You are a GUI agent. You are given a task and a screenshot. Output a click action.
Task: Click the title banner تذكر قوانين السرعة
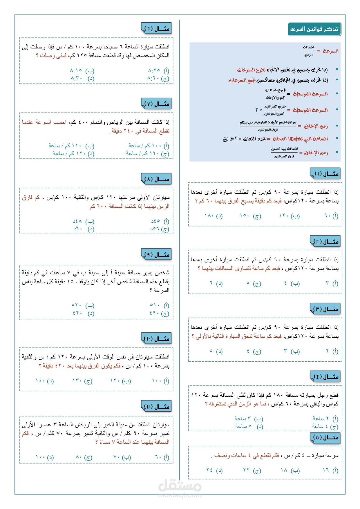(x=314, y=29)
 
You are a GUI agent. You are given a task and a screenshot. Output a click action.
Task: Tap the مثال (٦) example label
(x=157, y=28)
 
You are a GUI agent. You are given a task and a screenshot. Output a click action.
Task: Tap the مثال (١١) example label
(x=157, y=406)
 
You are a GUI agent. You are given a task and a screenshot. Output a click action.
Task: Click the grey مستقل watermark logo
(x=180, y=485)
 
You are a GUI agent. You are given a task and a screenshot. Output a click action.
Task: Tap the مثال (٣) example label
(x=326, y=309)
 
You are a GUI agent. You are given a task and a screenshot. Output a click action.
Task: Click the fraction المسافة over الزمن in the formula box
(x=308, y=51)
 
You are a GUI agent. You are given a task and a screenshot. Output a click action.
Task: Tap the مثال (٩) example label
(x=157, y=255)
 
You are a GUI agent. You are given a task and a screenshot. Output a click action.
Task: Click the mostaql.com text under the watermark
(x=180, y=495)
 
